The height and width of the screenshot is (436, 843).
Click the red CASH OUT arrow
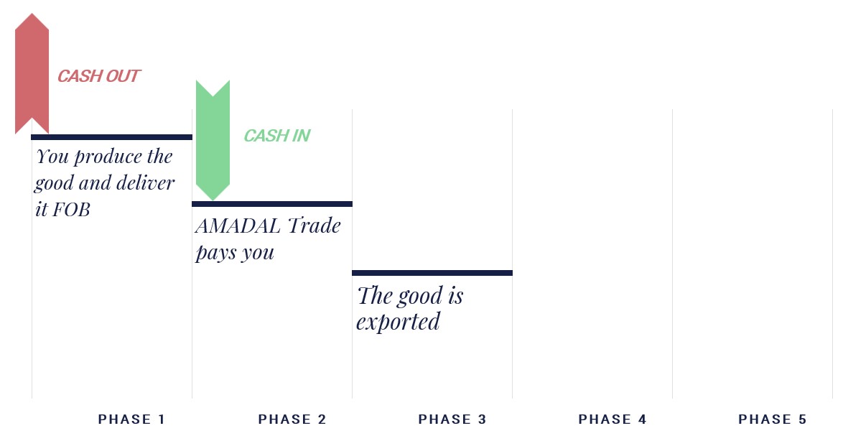[32, 74]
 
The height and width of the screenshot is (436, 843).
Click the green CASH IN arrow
[213, 140]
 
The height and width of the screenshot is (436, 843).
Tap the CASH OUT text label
[99, 76]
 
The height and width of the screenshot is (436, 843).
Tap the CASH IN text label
[277, 136]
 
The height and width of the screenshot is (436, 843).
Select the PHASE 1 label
[131, 419]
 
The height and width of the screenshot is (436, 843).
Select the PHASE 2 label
[292, 419]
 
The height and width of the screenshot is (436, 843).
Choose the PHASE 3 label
[452, 419]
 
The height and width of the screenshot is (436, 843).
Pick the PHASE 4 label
[613, 419]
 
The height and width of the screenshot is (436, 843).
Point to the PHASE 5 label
[773, 419]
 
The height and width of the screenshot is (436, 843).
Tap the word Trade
[314, 226]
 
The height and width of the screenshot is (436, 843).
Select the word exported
[398, 323]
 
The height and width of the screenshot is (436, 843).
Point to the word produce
[108, 157]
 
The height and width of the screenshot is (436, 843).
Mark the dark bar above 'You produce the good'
[112, 137]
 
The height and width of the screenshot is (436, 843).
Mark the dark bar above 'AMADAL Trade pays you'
[272, 204]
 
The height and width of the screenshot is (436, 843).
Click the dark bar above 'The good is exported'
[432, 273]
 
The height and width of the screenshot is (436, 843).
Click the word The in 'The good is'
[375, 296]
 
